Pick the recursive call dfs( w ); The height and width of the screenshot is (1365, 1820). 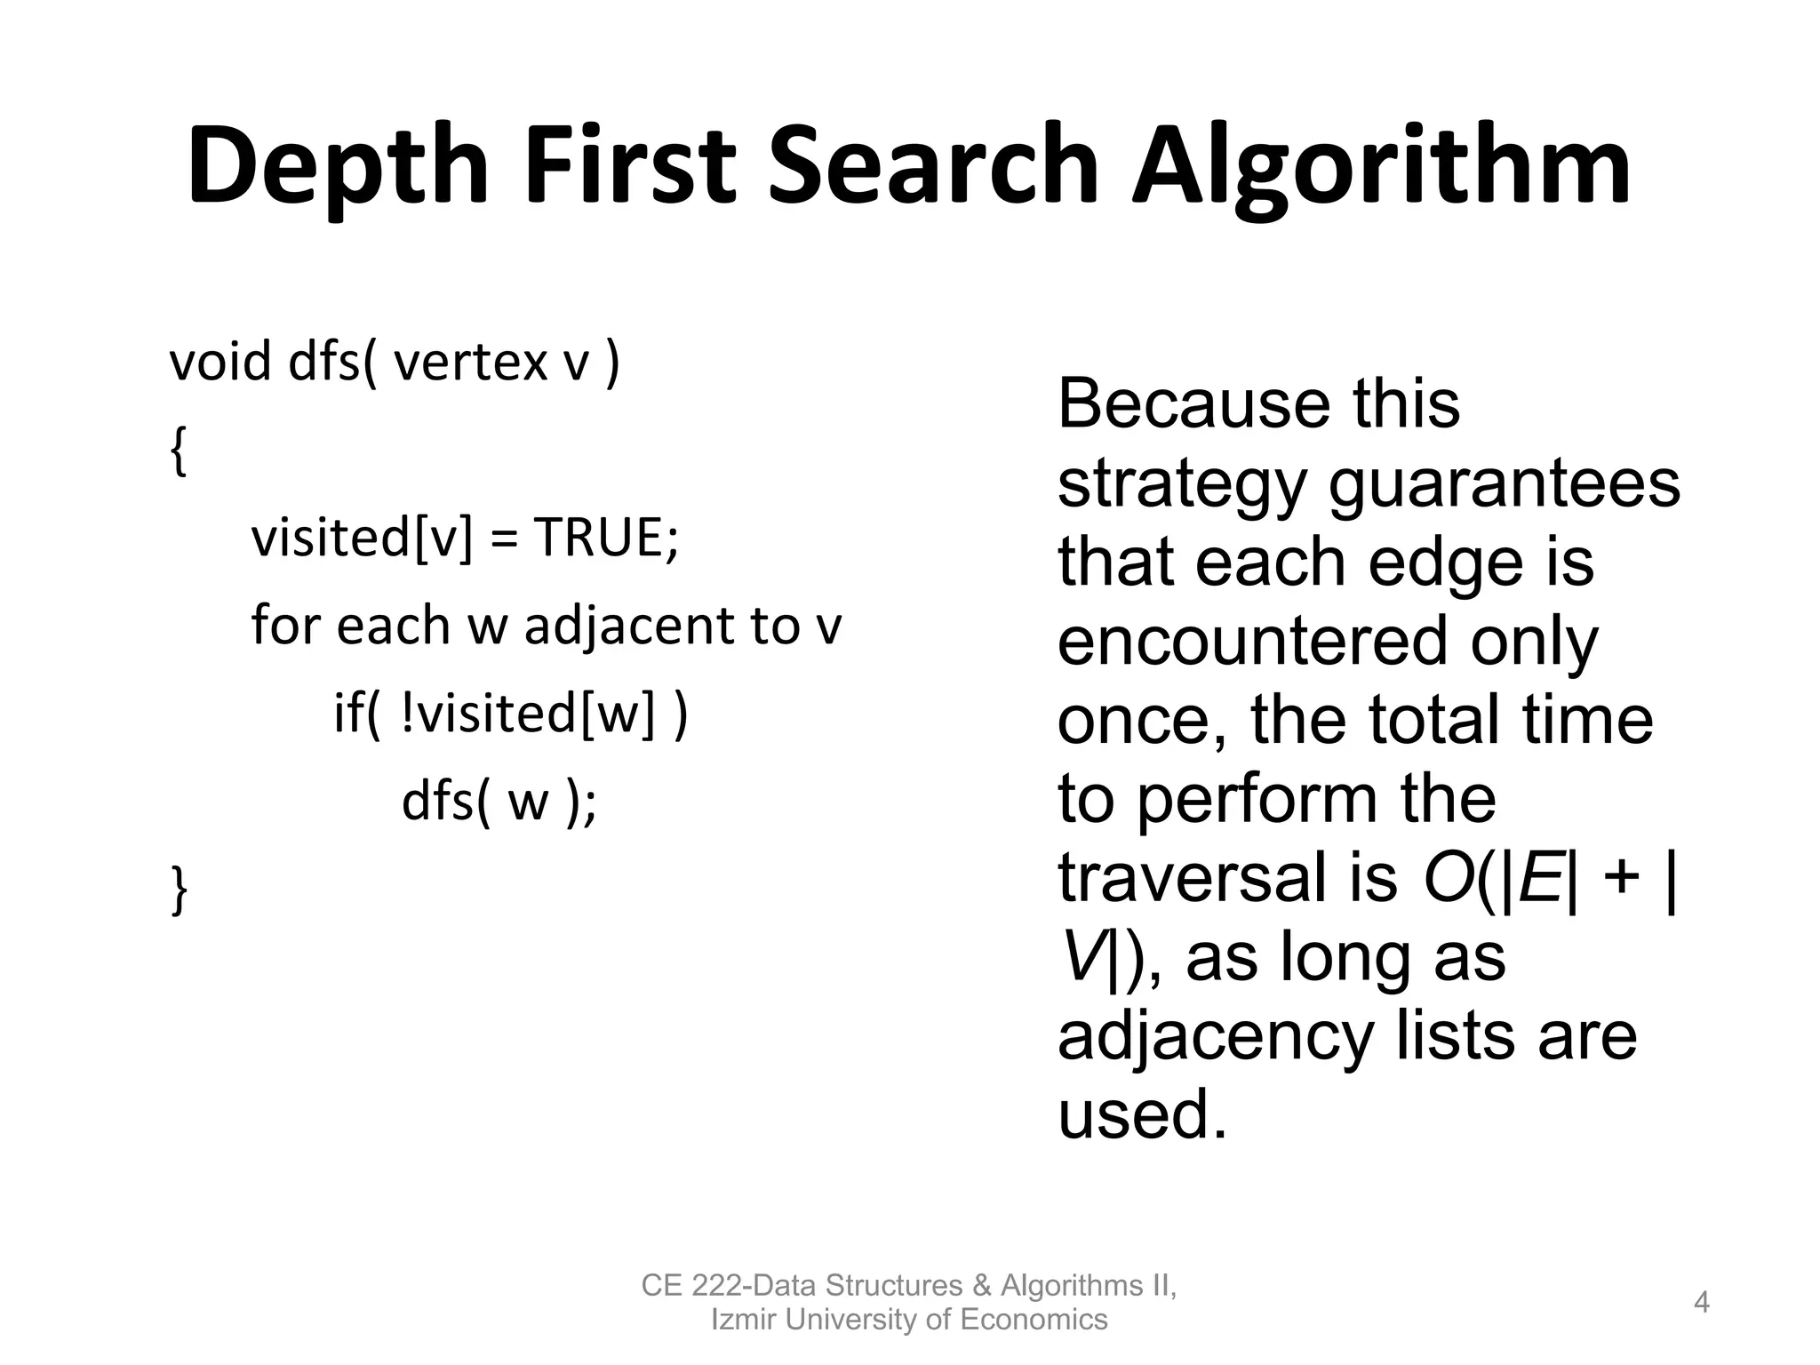tap(499, 802)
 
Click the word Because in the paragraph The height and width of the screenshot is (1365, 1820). tap(1190, 404)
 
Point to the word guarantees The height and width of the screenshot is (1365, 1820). tap(1504, 483)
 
